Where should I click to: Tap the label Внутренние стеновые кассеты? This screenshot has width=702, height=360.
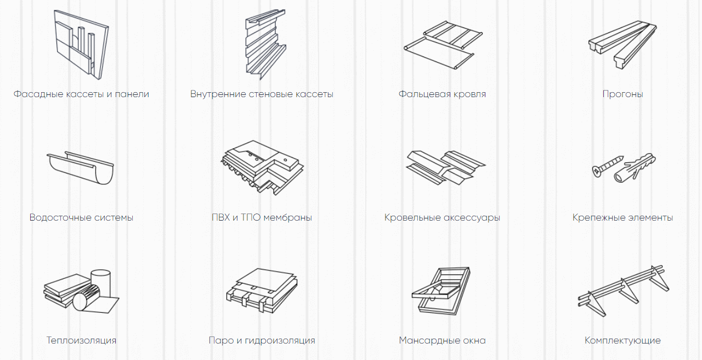(x=262, y=94)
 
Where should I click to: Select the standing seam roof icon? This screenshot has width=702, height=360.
(x=443, y=45)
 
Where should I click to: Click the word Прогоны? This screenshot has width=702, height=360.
(x=622, y=94)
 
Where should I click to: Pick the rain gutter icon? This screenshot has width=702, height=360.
(x=81, y=168)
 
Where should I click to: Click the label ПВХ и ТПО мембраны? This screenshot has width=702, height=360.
(x=262, y=217)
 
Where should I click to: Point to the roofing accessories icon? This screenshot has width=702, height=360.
(x=446, y=168)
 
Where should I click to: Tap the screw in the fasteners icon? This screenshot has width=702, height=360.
(x=607, y=166)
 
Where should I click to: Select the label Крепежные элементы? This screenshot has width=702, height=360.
(x=622, y=217)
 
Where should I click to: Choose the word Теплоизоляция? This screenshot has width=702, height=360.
(x=82, y=340)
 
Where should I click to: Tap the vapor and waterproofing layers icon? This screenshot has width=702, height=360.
(x=262, y=290)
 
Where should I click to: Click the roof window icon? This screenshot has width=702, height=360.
(x=441, y=291)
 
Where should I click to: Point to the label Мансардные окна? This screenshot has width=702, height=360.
(x=442, y=340)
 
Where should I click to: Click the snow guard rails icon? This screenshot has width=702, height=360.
(x=623, y=291)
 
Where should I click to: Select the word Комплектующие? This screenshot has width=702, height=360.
(x=622, y=340)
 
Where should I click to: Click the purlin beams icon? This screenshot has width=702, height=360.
(x=622, y=44)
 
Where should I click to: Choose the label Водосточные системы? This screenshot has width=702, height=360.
(x=82, y=217)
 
